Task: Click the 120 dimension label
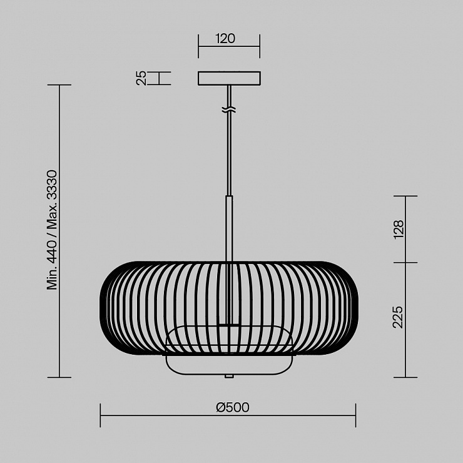(x=226, y=39)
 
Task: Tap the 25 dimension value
(x=141, y=78)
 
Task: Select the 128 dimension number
(x=399, y=230)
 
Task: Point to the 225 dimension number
(x=398, y=317)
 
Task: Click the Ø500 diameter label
(x=233, y=407)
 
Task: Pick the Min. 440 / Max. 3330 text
(x=52, y=230)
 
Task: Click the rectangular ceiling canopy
(x=229, y=78)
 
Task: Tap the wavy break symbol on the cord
(x=229, y=110)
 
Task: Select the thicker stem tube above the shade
(x=229, y=228)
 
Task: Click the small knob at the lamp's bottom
(x=229, y=376)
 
